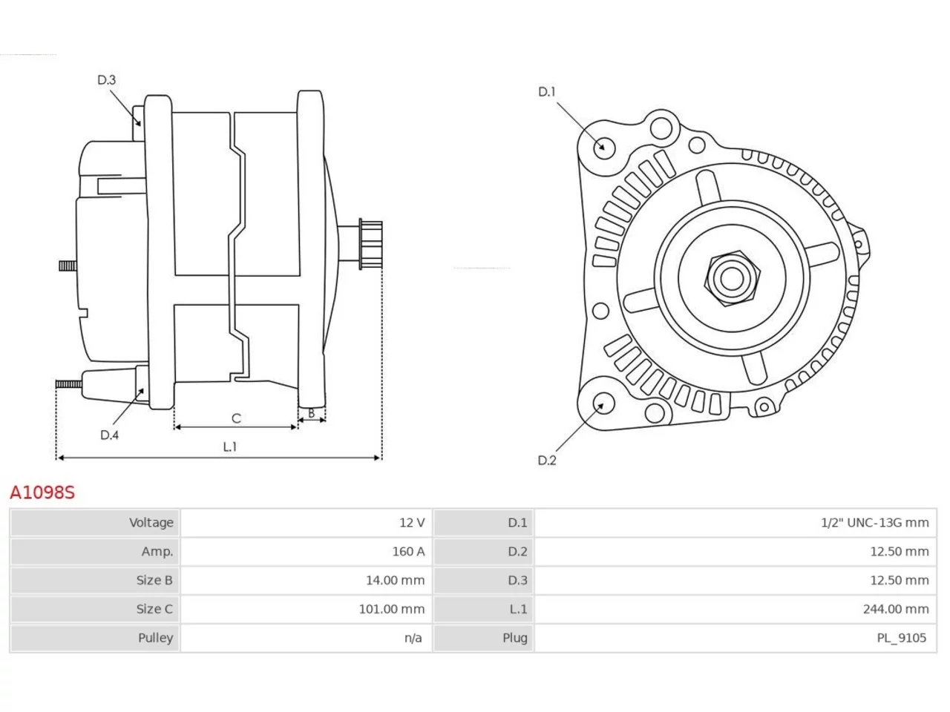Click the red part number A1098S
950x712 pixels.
pyautogui.click(x=42, y=492)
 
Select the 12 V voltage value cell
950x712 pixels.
pyautogui.click(x=412, y=523)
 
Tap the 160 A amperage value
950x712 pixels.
pyautogui.click(x=408, y=552)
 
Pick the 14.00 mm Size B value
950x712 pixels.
pyautogui.click(x=395, y=580)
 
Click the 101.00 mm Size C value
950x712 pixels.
pyautogui.click(x=392, y=609)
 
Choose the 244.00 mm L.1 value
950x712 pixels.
pyautogui.click(x=896, y=609)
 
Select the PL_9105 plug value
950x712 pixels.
pyautogui.click(x=902, y=638)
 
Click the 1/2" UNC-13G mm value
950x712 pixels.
pyautogui.click(x=875, y=523)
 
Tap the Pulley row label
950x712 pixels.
pyautogui.click(x=155, y=638)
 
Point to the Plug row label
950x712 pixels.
pyautogui.click(x=514, y=638)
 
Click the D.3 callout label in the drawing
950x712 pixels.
pyautogui.click(x=106, y=80)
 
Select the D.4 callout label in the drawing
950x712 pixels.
pyautogui.click(x=109, y=435)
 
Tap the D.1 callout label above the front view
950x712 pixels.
pyautogui.click(x=547, y=92)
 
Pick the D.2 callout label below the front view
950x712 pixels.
pyautogui.click(x=547, y=461)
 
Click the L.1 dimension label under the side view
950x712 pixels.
pyautogui.click(x=230, y=446)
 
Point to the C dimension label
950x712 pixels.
pyautogui.click(x=236, y=418)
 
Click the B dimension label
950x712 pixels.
pyautogui.click(x=311, y=413)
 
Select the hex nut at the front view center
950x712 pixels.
pyautogui.click(x=732, y=279)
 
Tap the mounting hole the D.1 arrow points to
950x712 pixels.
pyautogui.click(x=603, y=148)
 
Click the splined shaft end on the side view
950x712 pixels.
pyautogui.click(x=370, y=244)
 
